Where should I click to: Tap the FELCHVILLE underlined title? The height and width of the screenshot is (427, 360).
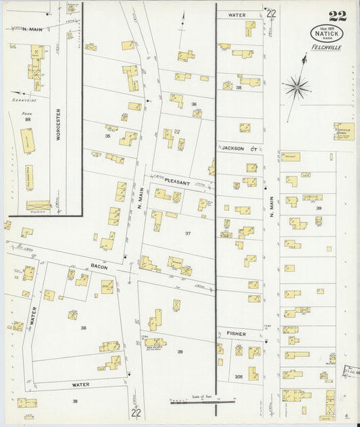[x=327, y=47]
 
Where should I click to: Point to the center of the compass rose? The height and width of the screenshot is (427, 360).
[x=297, y=86]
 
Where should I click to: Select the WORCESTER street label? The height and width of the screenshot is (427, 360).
[x=59, y=125]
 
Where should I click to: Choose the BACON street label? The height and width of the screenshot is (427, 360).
[x=99, y=267]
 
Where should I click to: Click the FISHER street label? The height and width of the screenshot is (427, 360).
[x=236, y=334]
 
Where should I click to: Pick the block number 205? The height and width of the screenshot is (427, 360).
[x=239, y=376]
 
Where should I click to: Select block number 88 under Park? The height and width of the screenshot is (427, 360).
[x=28, y=120]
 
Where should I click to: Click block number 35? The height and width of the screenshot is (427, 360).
[x=107, y=136]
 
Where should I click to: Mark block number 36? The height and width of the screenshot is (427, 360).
[x=193, y=104]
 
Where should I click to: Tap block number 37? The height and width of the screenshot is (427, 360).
[x=188, y=233]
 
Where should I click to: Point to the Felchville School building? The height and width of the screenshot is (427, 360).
[x=344, y=130]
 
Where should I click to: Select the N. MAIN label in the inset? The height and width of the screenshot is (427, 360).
[x=22, y=29]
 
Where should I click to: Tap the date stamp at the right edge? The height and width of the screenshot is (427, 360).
[x=351, y=371]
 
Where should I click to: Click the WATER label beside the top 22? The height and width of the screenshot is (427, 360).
[x=236, y=14]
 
